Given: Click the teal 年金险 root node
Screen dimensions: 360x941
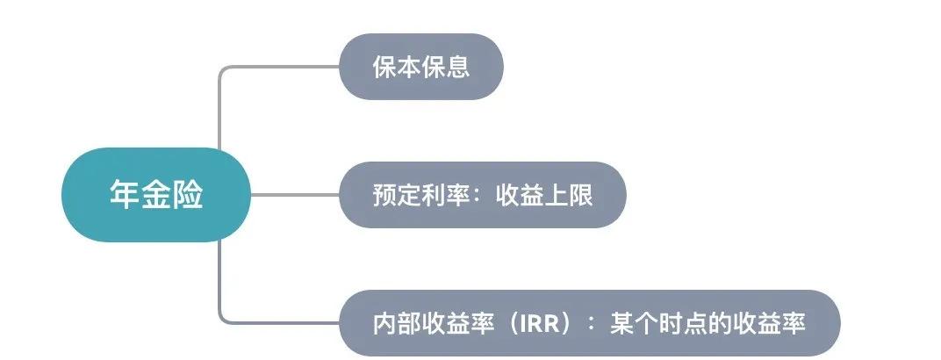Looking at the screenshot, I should pos(156,195).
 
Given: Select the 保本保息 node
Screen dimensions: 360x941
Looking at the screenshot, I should pos(421,67).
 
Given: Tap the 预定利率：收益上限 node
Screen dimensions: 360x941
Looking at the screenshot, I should pos(483,195).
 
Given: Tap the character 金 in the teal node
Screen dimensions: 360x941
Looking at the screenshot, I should pos(156,195).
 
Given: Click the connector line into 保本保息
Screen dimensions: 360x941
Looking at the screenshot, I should pos(281,67).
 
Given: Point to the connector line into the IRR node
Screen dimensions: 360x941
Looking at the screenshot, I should pos(281,322).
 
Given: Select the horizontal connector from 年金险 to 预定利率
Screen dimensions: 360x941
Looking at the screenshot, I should pos(295,195).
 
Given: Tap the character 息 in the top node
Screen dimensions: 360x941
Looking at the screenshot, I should pos(458,68).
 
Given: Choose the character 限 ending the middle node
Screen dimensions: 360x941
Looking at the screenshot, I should pos(581,195).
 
